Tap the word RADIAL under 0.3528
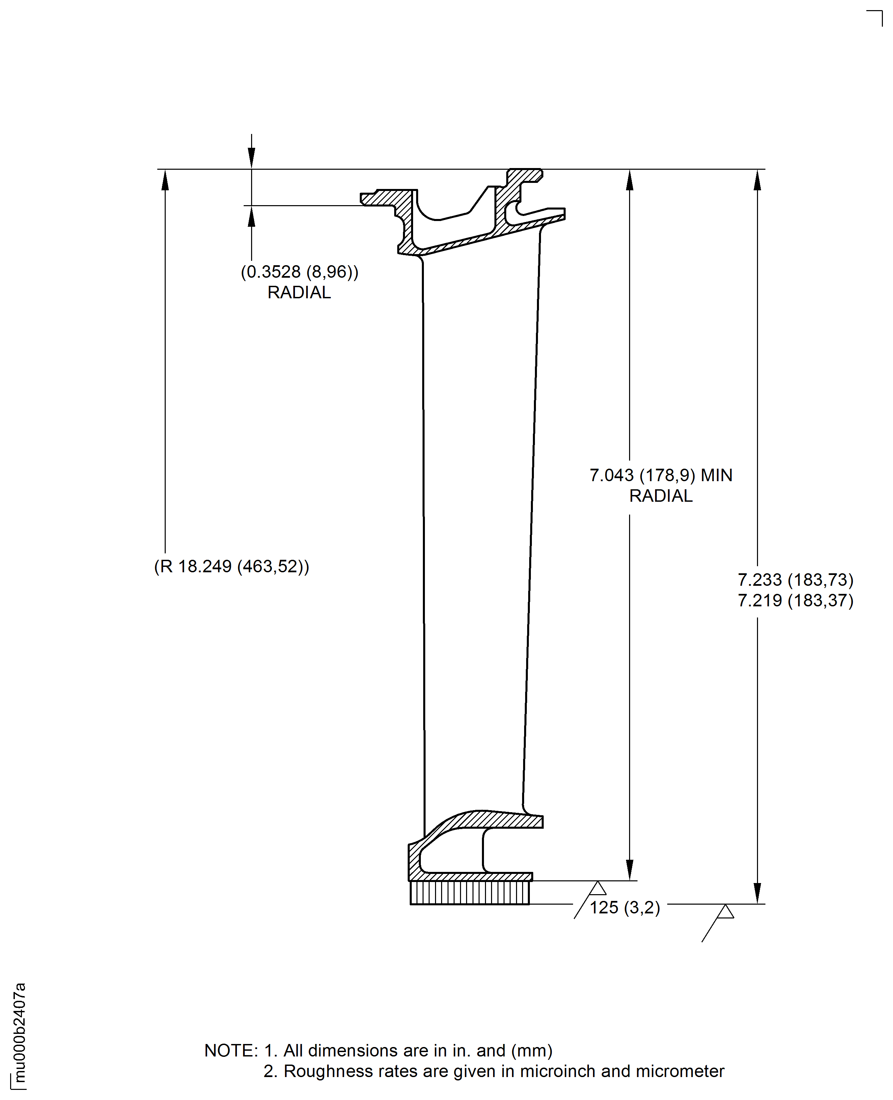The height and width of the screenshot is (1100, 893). [299, 292]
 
